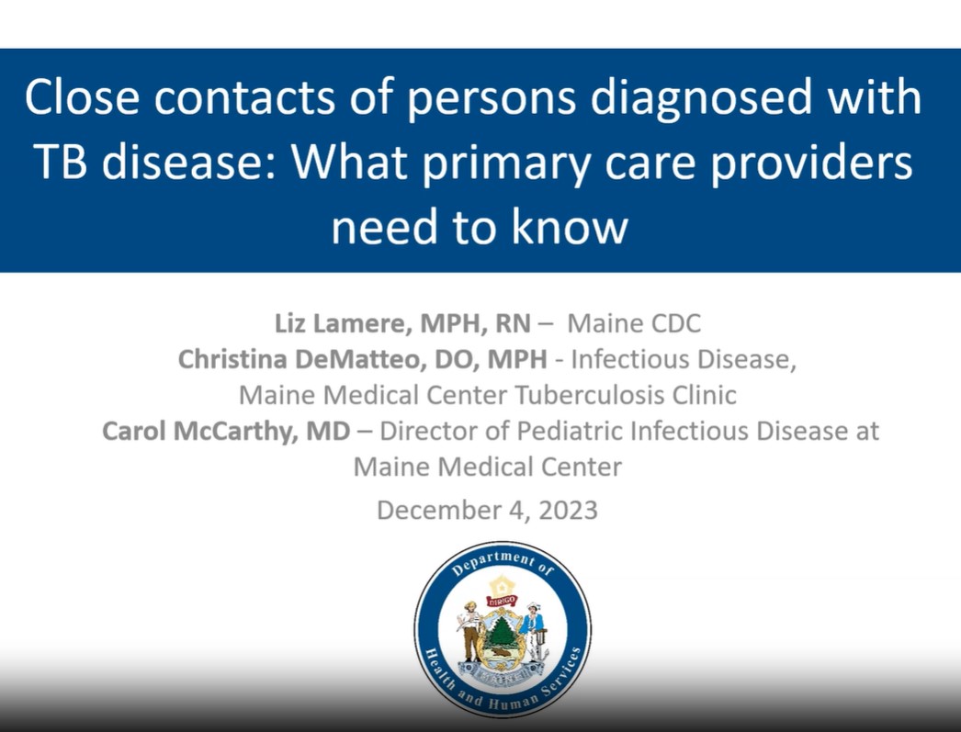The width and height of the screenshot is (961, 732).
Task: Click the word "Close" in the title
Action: click(x=82, y=96)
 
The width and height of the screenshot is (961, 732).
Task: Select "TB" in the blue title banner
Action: click(x=60, y=162)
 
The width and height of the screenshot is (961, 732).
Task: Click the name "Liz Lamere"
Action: click(x=338, y=323)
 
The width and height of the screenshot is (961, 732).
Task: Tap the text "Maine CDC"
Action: click(x=634, y=323)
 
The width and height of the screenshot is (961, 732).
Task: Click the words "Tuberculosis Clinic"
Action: click(x=625, y=395)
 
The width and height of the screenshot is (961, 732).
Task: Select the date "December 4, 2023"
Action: click(x=487, y=511)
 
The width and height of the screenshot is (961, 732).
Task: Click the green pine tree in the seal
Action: click(x=503, y=632)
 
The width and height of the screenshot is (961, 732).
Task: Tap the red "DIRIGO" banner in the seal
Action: click(x=502, y=601)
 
